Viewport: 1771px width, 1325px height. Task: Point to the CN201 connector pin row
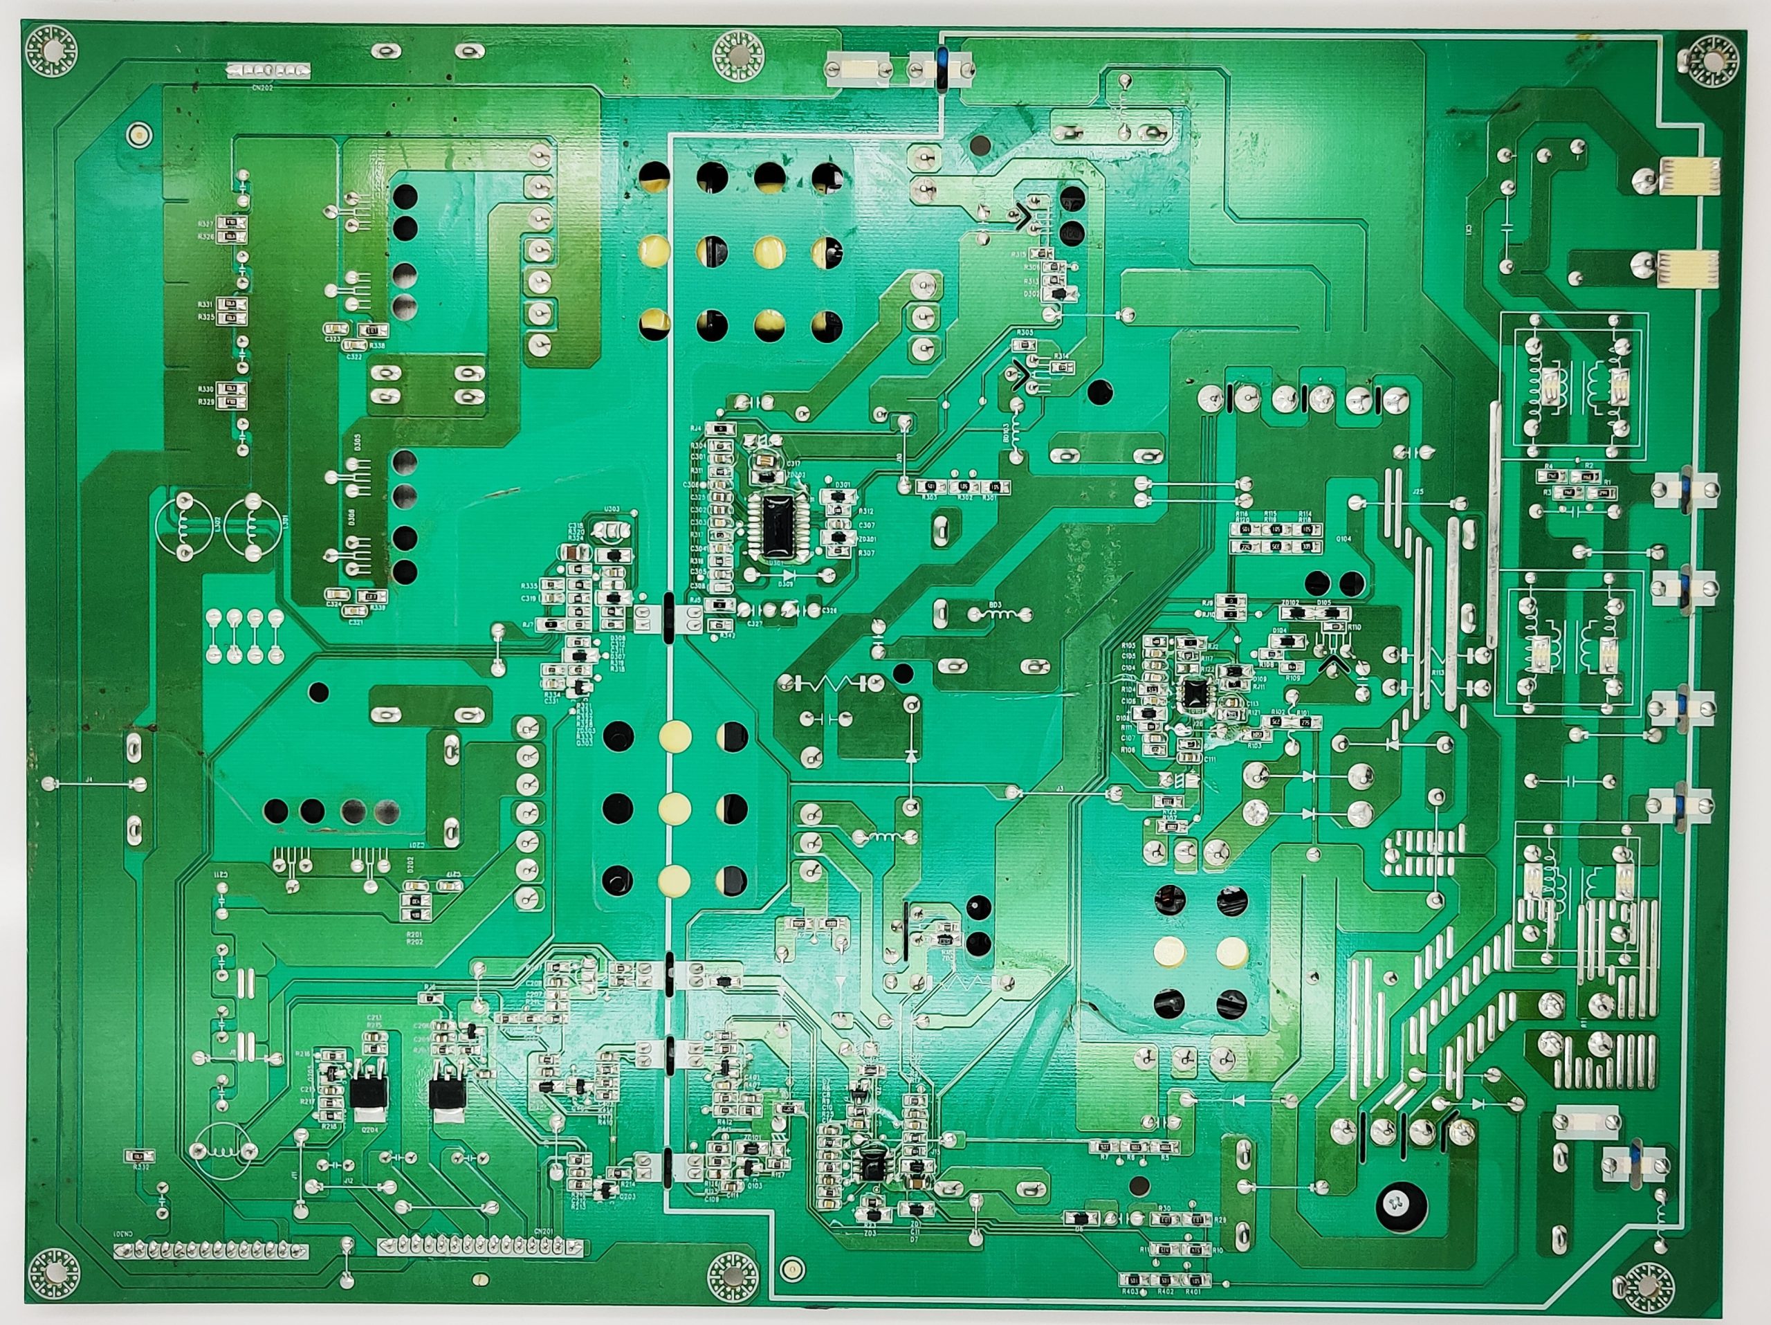point(480,1248)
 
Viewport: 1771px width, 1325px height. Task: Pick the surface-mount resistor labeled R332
point(138,1155)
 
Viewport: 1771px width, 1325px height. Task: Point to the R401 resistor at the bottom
point(1195,1279)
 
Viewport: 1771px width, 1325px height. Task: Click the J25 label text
point(1417,491)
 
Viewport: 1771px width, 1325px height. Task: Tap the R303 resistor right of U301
point(930,487)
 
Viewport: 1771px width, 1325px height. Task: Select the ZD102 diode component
point(1292,613)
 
